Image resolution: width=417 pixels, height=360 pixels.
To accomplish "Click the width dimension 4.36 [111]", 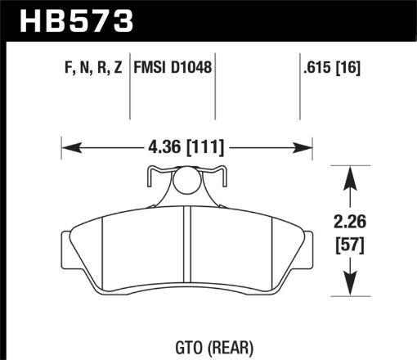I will coord(187,148).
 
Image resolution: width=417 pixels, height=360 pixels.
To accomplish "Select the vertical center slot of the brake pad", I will coord(187,250).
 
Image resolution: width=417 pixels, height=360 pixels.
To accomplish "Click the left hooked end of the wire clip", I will coord(151,173).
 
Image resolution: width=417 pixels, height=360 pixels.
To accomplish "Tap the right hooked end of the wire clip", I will coord(222,173).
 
